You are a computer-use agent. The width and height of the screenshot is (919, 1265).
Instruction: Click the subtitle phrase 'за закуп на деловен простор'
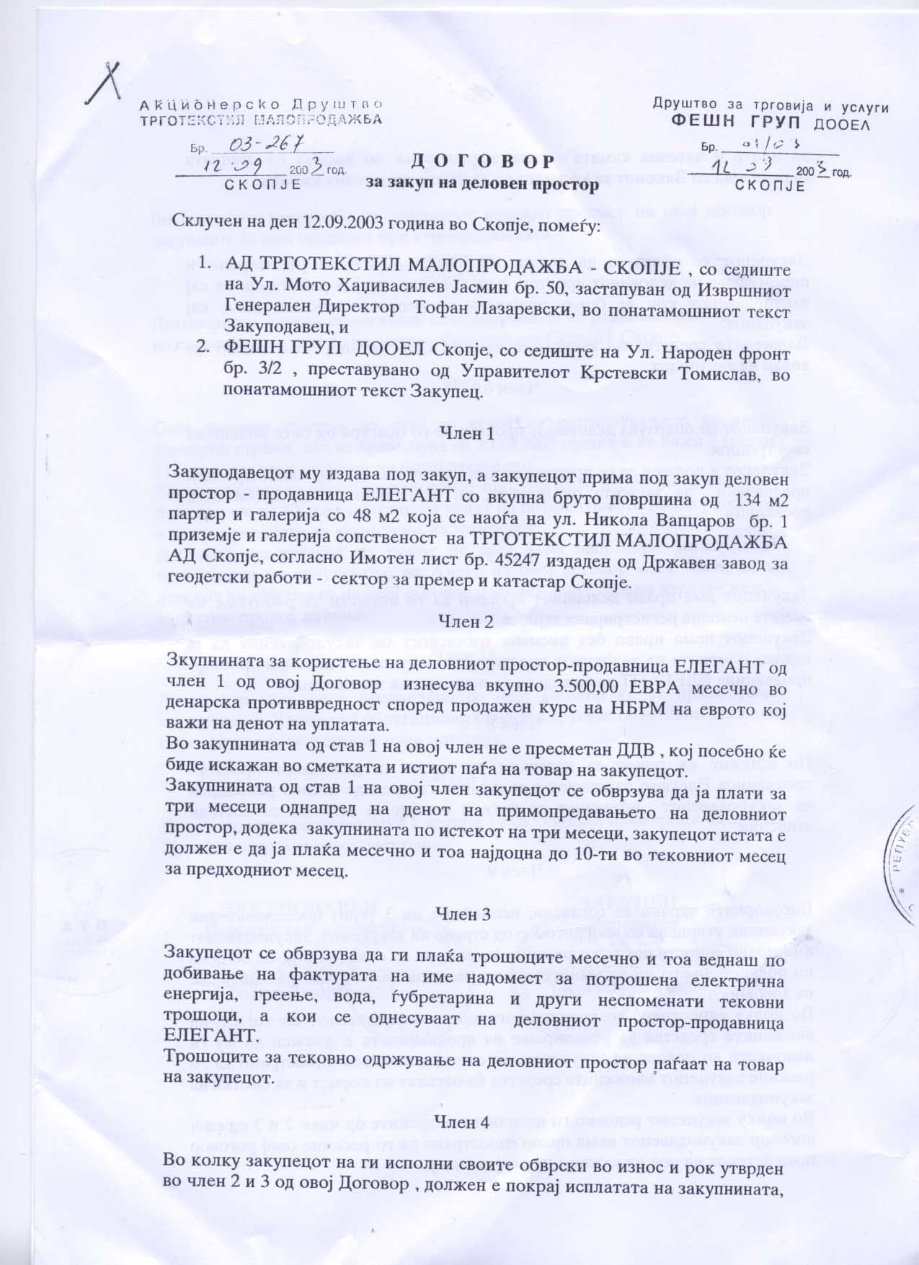[x=482, y=185]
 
